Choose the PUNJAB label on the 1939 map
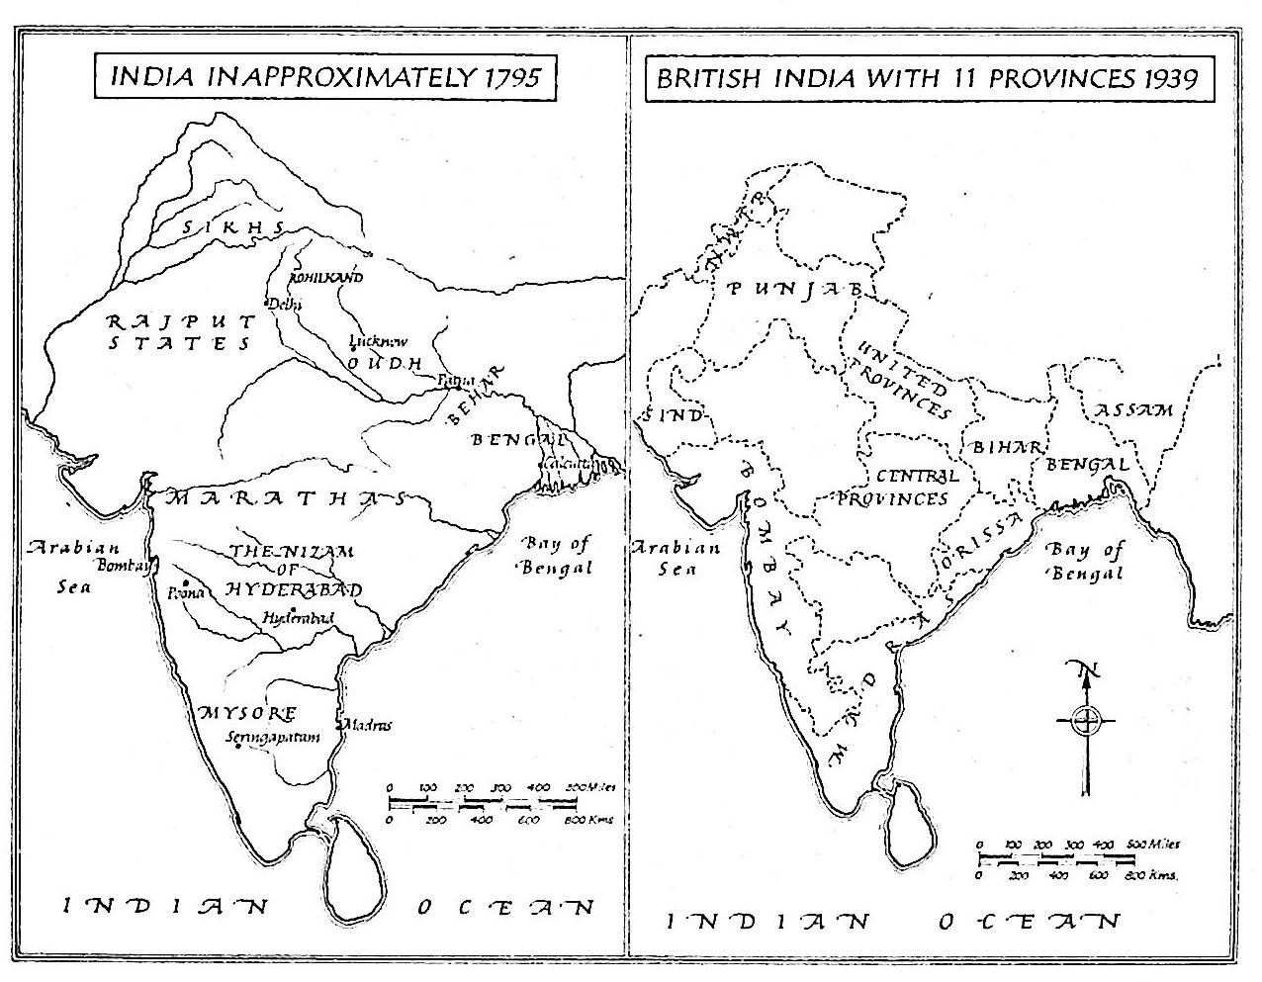pyautogui.click(x=796, y=289)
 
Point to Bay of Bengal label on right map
pyautogui.click(x=1084, y=561)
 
